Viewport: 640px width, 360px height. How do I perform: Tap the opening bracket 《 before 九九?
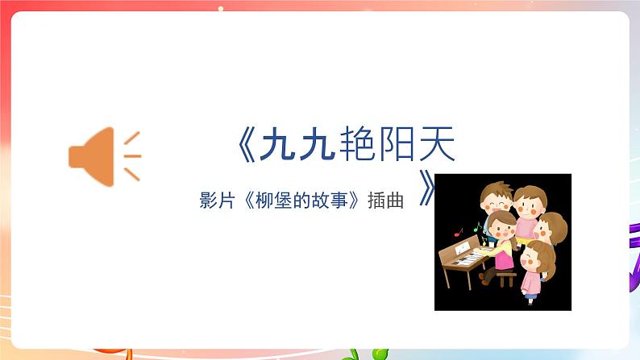(x=246, y=145)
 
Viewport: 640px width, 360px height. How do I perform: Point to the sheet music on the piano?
(x=461, y=250)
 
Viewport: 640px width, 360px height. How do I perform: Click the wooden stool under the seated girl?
(x=506, y=278)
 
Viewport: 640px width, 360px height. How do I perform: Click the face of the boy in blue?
(x=493, y=201)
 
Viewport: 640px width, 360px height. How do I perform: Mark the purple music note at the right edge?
(x=634, y=258)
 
